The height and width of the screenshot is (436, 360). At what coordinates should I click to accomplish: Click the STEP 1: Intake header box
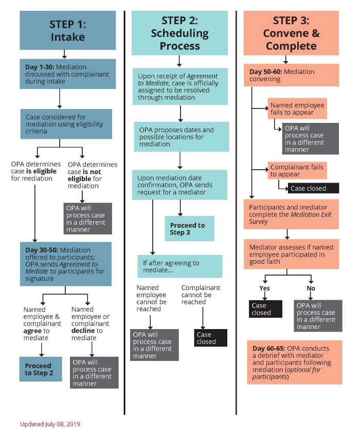click(x=67, y=30)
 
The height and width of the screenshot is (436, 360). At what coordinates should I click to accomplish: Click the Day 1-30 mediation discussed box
click(x=67, y=74)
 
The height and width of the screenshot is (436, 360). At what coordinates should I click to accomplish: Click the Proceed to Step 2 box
click(x=40, y=369)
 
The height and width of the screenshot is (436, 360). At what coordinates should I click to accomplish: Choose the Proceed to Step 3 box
click(x=189, y=228)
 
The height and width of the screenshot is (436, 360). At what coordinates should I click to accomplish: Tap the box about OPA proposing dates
click(x=181, y=136)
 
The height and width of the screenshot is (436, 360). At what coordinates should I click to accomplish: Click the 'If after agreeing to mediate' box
click(x=179, y=266)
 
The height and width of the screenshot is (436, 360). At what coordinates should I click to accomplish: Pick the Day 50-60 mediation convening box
click(x=291, y=75)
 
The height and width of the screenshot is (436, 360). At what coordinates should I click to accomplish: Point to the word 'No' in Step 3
click(x=311, y=288)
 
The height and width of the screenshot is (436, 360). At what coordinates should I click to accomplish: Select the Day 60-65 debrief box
click(x=294, y=361)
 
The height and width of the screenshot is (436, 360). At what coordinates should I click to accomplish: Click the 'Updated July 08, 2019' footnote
click(x=50, y=424)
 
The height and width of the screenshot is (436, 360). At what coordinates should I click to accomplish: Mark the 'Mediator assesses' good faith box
click(x=291, y=254)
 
